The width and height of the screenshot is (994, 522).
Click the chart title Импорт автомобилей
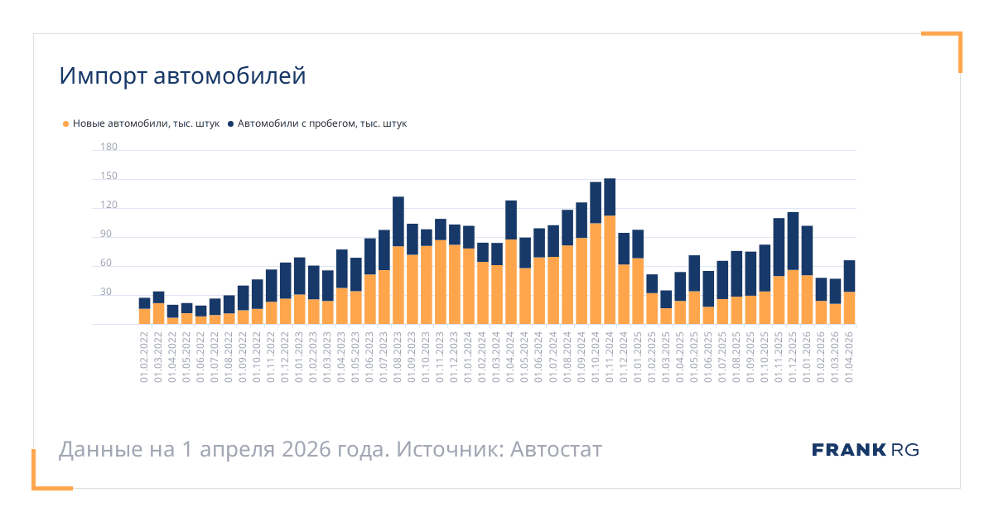(x=182, y=76)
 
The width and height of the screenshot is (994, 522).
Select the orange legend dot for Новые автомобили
(x=66, y=124)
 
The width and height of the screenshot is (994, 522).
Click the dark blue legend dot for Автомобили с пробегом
(x=230, y=124)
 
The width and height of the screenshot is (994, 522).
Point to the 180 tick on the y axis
(x=109, y=147)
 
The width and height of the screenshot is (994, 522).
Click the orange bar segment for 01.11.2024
(x=610, y=269)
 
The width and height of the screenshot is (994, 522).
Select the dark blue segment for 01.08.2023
(x=398, y=221)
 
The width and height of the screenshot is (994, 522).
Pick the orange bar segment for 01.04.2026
(x=849, y=308)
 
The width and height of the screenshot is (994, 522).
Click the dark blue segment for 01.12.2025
(x=793, y=241)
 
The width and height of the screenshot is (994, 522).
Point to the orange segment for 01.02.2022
(x=145, y=317)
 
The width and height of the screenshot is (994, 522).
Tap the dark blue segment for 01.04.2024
(x=511, y=220)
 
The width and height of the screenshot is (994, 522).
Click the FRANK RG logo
(x=866, y=450)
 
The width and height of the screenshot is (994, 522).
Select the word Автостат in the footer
(x=556, y=450)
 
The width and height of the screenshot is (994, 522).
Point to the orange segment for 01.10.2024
(x=596, y=273)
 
